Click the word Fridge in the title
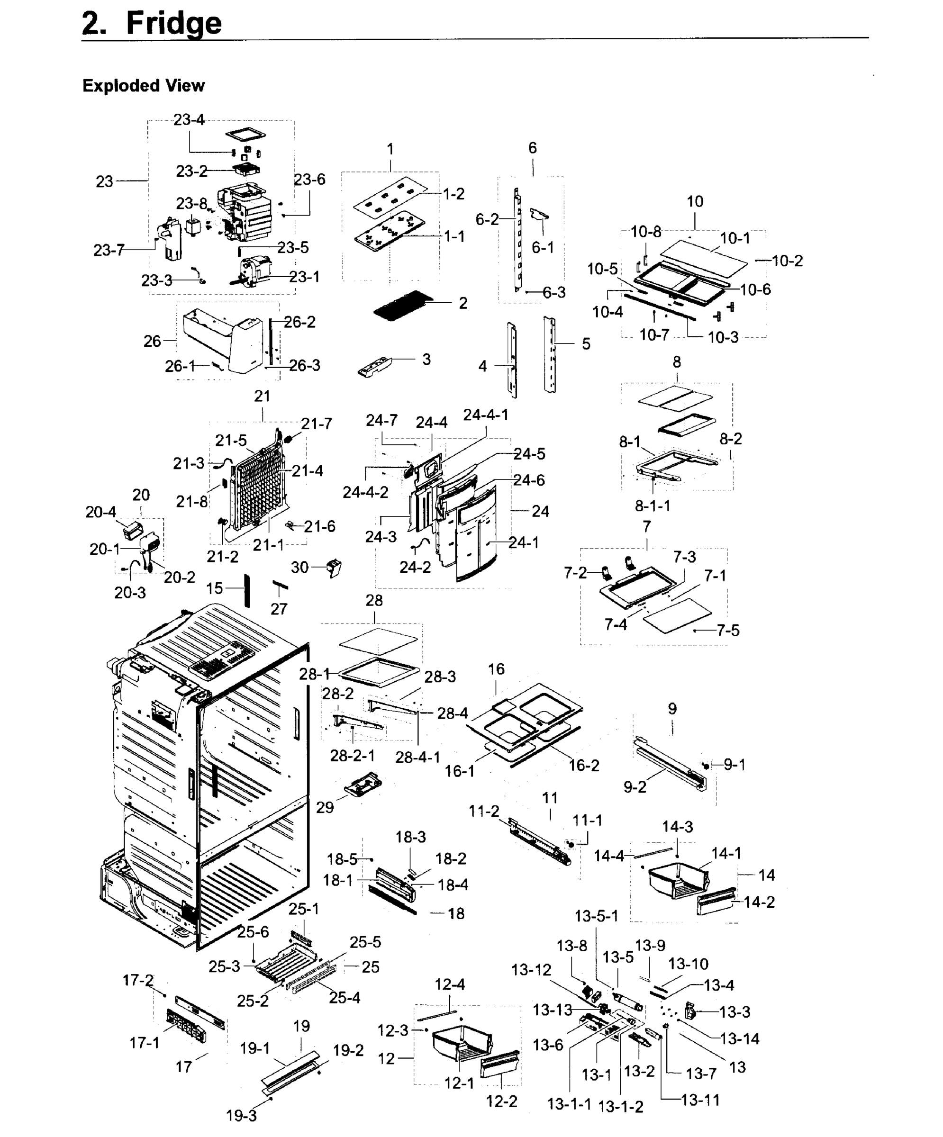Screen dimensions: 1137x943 pyautogui.click(x=173, y=23)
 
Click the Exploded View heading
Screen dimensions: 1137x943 pyautogui.click(x=144, y=86)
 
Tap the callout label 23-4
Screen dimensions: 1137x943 pyautogui.click(x=189, y=120)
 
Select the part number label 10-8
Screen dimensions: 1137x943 pyautogui.click(x=645, y=232)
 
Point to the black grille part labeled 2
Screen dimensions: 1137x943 pyautogui.click(x=402, y=305)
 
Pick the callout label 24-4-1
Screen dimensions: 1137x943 pyautogui.click(x=485, y=415)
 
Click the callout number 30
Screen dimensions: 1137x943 pyautogui.click(x=299, y=567)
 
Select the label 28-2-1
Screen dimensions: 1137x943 pyautogui.click(x=352, y=755)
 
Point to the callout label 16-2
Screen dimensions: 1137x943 pyautogui.click(x=584, y=765)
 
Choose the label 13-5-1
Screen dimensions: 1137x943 pyautogui.click(x=596, y=916)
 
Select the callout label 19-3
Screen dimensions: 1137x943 pyautogui.click(x=241, y=1115)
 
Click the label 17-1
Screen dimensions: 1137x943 pyautogui.click(x=144, y=1042)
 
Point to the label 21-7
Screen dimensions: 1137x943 pyautogui.click(x=317, y=424)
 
